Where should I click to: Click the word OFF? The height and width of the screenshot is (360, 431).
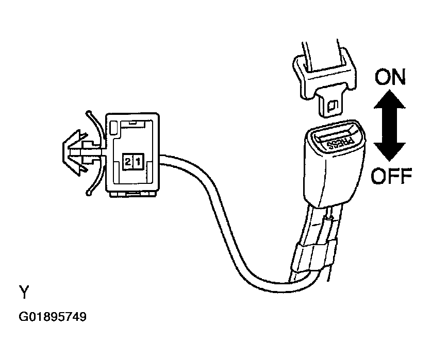tap(391, 176)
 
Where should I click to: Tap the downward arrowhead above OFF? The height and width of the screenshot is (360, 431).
tap(389, 151)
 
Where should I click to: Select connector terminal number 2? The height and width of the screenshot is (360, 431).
tap(128, 161)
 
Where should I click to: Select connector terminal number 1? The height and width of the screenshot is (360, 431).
tap(138, 161)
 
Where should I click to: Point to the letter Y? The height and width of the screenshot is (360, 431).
tap(24, 292)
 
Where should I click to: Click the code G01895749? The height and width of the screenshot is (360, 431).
tap(53, 317)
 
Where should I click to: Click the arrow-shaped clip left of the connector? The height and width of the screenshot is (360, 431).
tap(76, 152)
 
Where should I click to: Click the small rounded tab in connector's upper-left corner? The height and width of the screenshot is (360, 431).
tap(113, 128)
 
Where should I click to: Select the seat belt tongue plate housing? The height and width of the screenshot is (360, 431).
tap(324, 74)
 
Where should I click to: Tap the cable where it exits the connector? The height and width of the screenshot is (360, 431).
tap(164, 160)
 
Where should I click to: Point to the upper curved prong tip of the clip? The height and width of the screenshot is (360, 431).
tap(89, 113)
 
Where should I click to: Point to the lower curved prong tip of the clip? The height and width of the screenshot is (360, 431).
tap(89, 193)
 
